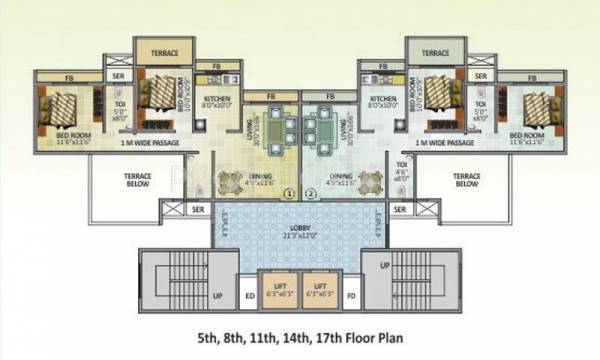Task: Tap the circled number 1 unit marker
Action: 289,194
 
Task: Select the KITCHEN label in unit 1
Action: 219,99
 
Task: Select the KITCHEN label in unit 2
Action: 382,99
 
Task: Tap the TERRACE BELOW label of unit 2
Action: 467,181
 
